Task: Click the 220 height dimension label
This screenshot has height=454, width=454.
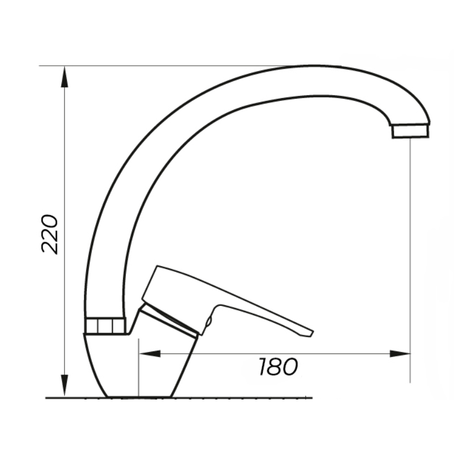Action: [50, 234]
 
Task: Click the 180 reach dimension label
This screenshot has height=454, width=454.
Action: [278, 367]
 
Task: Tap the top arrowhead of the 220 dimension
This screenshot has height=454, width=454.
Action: [65, 77]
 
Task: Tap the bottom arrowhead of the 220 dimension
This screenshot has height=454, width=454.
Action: [65, 385]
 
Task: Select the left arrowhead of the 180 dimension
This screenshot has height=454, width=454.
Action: [150, 354]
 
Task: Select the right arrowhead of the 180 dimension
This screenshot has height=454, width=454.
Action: [400, 354]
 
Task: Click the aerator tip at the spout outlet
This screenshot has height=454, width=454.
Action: [410, 131]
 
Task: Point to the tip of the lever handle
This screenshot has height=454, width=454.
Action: [312, 332]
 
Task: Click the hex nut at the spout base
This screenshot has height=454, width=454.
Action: [106, 326]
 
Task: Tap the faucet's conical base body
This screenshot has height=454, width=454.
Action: [139, 365]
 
